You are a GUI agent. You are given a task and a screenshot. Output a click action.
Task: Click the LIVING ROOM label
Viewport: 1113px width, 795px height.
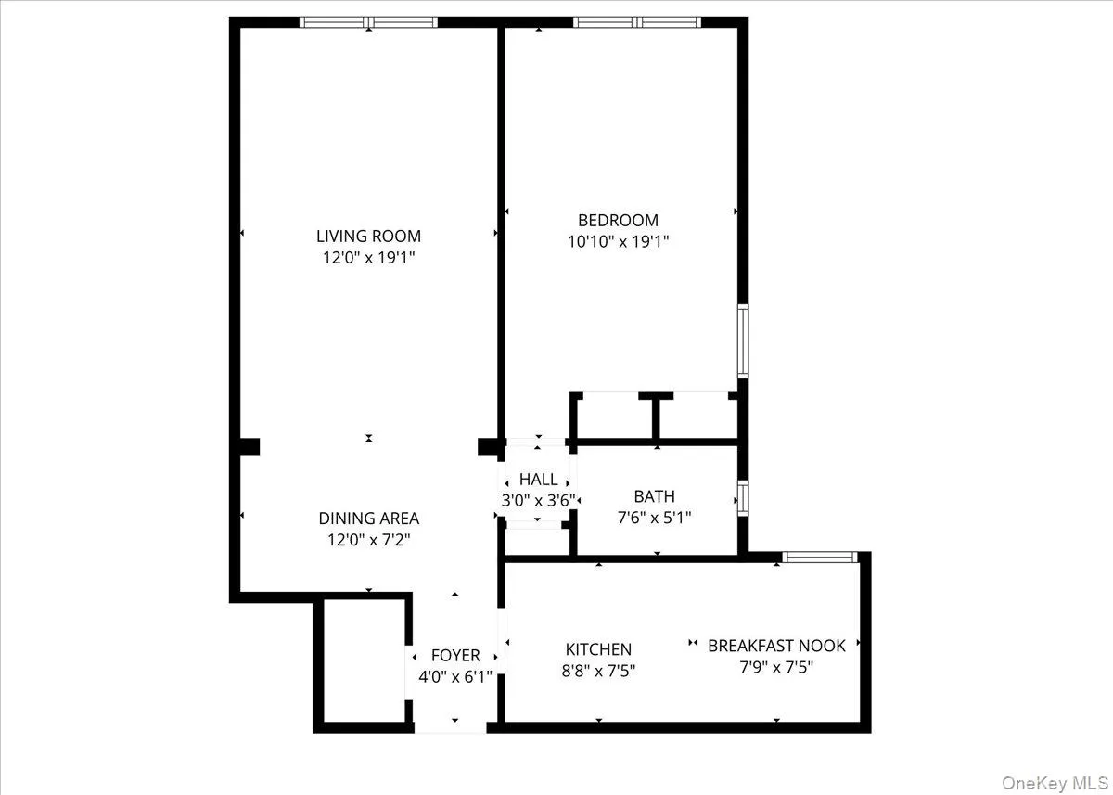pyautogui.click(x=368, y=237)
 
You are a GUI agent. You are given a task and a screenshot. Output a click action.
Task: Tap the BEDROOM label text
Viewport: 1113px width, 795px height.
pyautogui.click(x=618, y=221)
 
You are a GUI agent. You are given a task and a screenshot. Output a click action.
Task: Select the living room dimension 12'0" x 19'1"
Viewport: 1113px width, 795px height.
pyautogui.click(x=368, y=258)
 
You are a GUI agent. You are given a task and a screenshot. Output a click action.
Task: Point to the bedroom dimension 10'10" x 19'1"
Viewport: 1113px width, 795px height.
pyautogui.click(x=618, y=242)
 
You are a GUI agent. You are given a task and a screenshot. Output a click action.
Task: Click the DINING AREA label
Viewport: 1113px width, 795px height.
pyautogui.click(x=368, y=519)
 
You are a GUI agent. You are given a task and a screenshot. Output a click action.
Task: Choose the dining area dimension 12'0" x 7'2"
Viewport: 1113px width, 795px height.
pyautogui.click(x=368, y=540)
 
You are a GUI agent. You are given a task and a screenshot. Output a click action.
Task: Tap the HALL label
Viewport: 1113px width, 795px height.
pyautogui.click(x=539, y=480)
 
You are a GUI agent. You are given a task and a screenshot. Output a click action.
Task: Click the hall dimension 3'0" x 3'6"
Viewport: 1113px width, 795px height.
pyautogui.click(x=539, y=500)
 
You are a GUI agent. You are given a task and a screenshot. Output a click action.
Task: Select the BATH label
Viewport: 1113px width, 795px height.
pyautogui.click(x=654, y=497)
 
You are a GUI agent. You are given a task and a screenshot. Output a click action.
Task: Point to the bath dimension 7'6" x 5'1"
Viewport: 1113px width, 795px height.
pyautogui.click(x=654, y=518)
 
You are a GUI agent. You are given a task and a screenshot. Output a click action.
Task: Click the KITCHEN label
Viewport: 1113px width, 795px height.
pyautogui.click(x=598, y=650)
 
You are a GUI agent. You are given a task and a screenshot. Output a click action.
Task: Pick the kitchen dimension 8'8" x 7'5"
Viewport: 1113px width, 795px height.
pyautogui.click(x=598, y=671)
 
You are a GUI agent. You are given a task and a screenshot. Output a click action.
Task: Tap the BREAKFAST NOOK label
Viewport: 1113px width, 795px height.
pyautogui.click(x=775, y=646)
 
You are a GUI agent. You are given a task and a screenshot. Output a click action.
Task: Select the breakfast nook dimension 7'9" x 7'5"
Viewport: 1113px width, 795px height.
pyautogui.click(x=775, y=667)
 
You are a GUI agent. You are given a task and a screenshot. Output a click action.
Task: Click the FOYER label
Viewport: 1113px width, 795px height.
pyautogui.click(x=455, y=656)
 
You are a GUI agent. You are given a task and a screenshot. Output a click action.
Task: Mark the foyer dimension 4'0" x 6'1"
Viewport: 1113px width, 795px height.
pyautogui.click(x=455, y=676)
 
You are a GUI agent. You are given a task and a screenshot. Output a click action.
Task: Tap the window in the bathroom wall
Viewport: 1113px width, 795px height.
pyautogui.click(x=743, y=498)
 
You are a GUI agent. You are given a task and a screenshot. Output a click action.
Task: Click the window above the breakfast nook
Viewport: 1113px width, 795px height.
pyautogui.click(x=818, y=557)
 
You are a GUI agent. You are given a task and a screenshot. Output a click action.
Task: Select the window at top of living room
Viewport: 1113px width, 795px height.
pyautogui.click(x=368, y=22)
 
